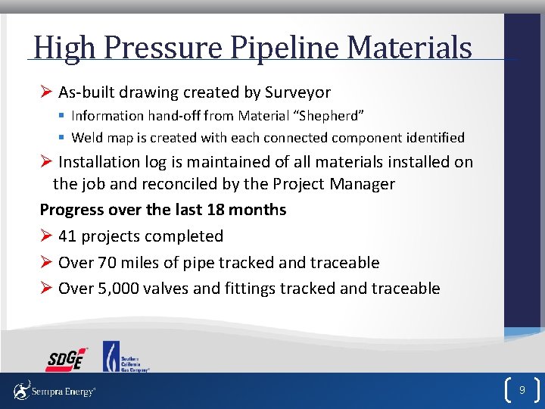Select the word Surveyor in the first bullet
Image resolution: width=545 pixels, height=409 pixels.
297,92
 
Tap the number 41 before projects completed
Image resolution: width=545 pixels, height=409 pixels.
67,236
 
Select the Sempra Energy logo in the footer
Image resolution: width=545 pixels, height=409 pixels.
54,391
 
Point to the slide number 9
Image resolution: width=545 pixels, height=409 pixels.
521,390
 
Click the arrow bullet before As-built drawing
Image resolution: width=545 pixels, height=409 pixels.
45,92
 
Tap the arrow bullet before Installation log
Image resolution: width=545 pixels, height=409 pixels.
45,162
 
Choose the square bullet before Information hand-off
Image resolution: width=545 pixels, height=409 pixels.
61,116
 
